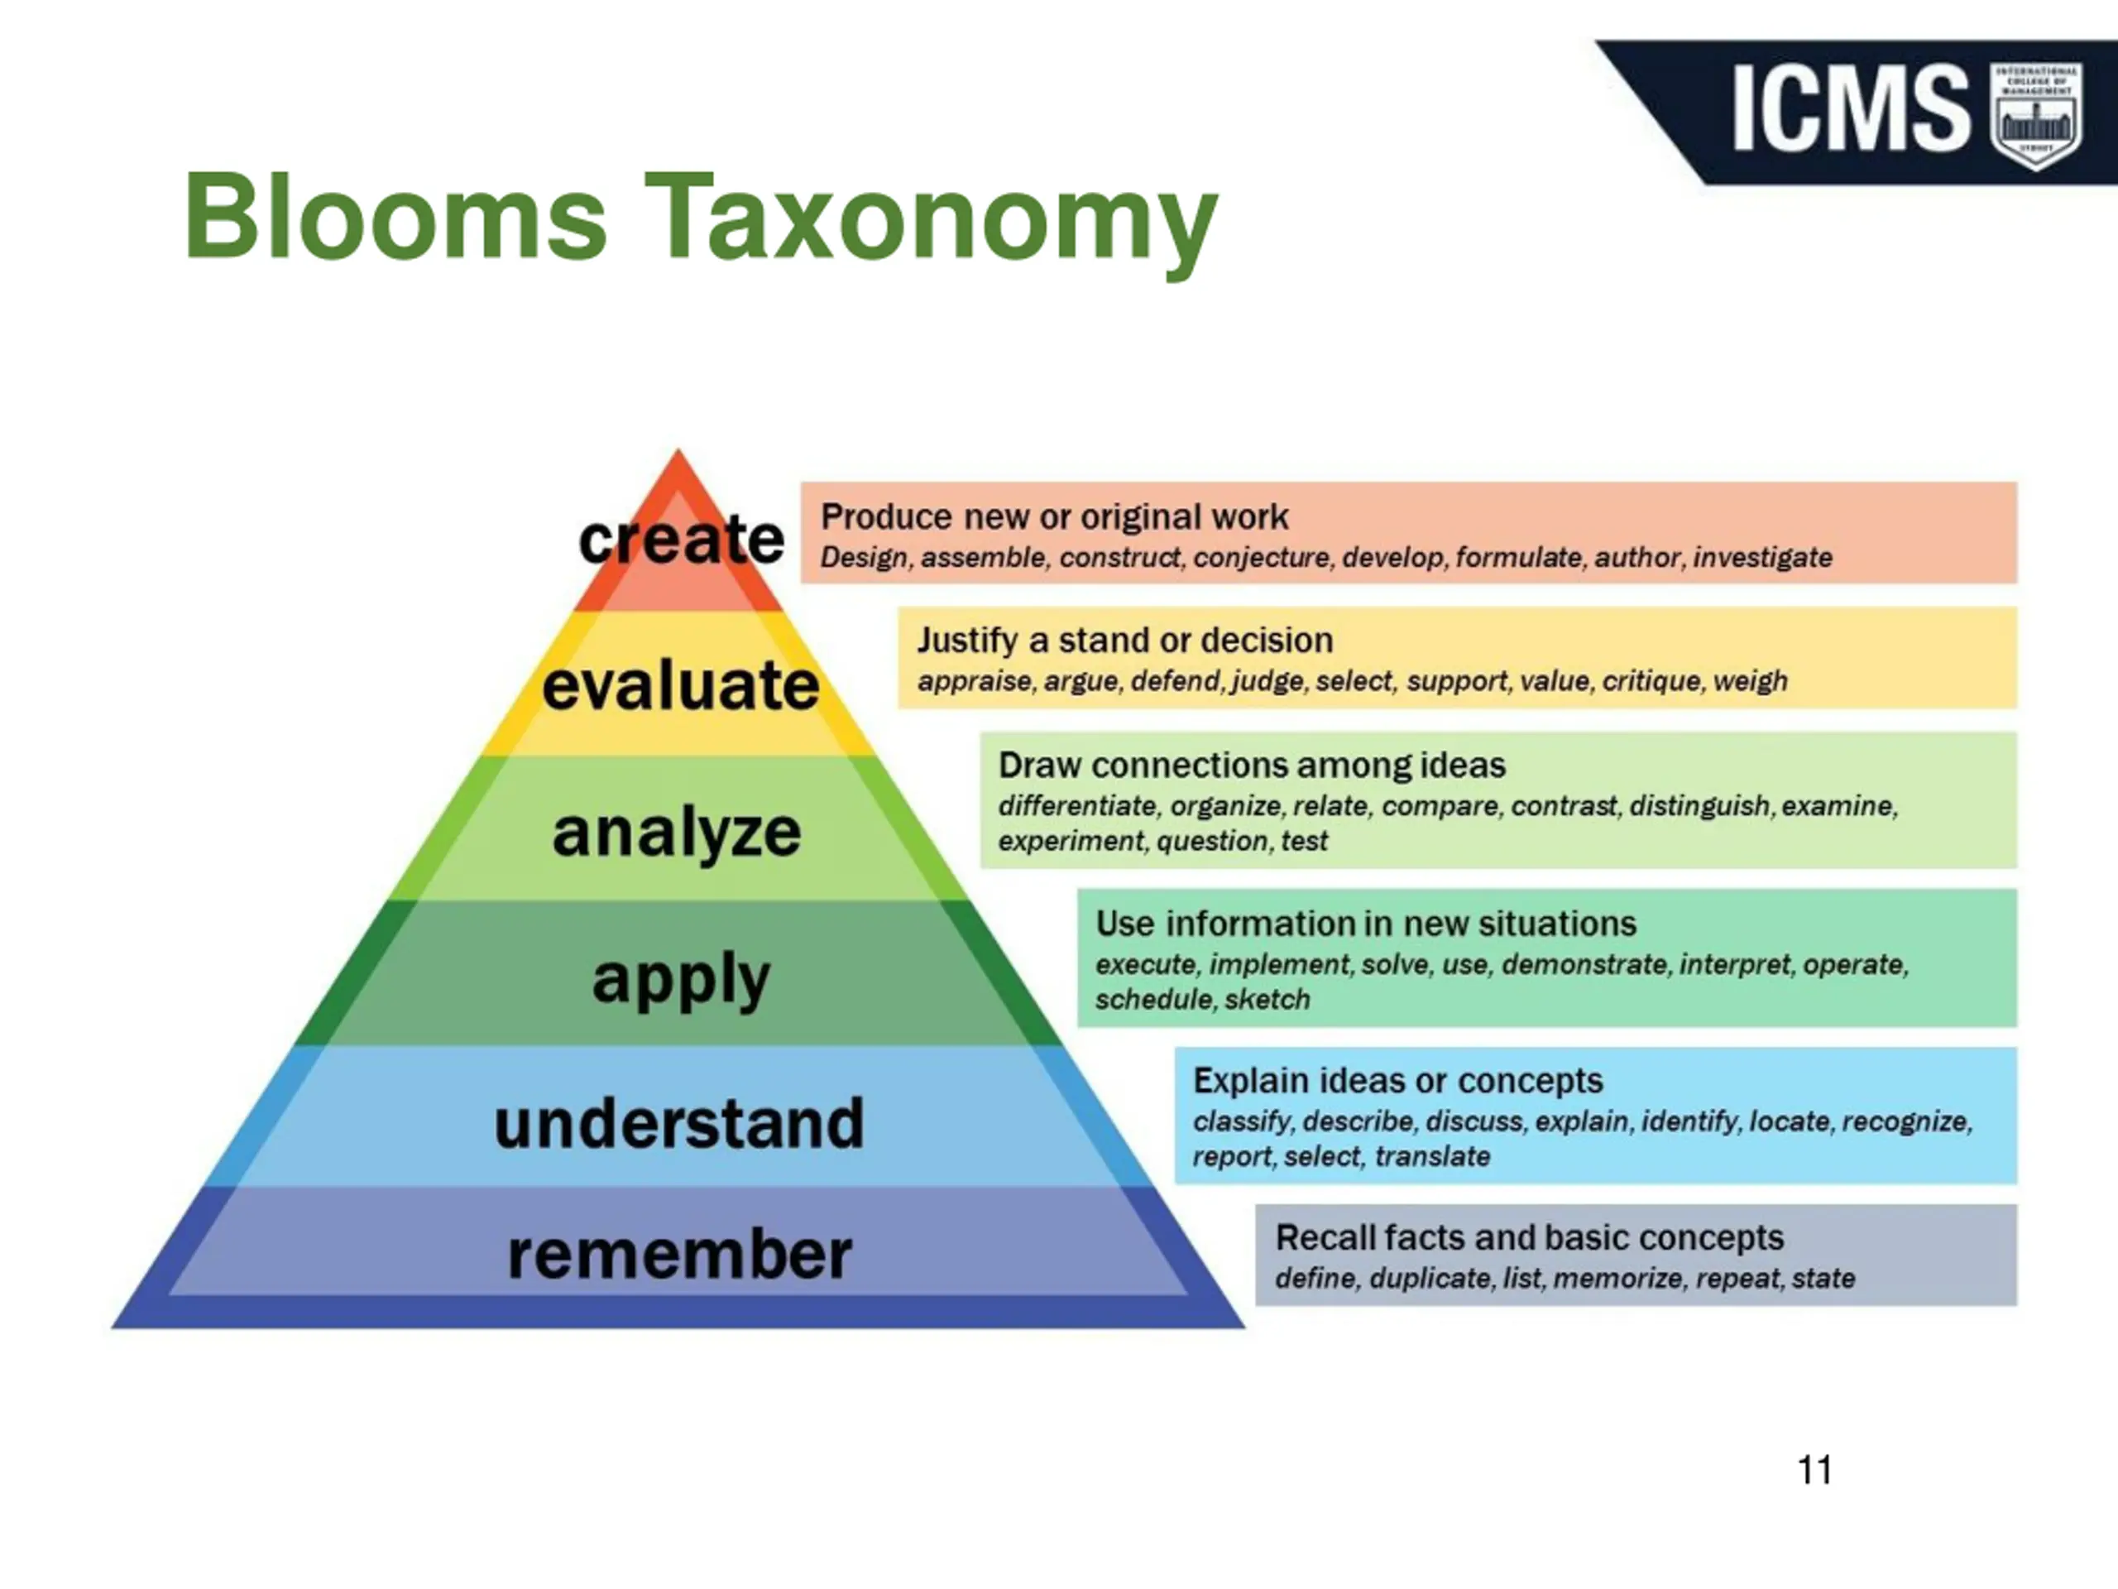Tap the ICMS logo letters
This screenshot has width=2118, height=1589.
(x=1850, y=108)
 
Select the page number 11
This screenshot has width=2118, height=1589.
(x=1814, y=1469)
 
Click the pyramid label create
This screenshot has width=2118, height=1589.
(x=681, y=540)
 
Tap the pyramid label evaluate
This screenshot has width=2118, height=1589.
(x=681, y=686)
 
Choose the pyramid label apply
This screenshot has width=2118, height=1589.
(x=681, y=979)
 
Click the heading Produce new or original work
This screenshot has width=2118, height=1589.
(x=1054, y=517)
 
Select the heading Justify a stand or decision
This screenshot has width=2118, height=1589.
(x=1125, y=640)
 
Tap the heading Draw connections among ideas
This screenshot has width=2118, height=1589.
(x=1252, y=766)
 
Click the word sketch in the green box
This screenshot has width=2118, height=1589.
(x=1267, y=1000)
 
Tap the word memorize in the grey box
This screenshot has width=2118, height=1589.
(x=1618, y=1279)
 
